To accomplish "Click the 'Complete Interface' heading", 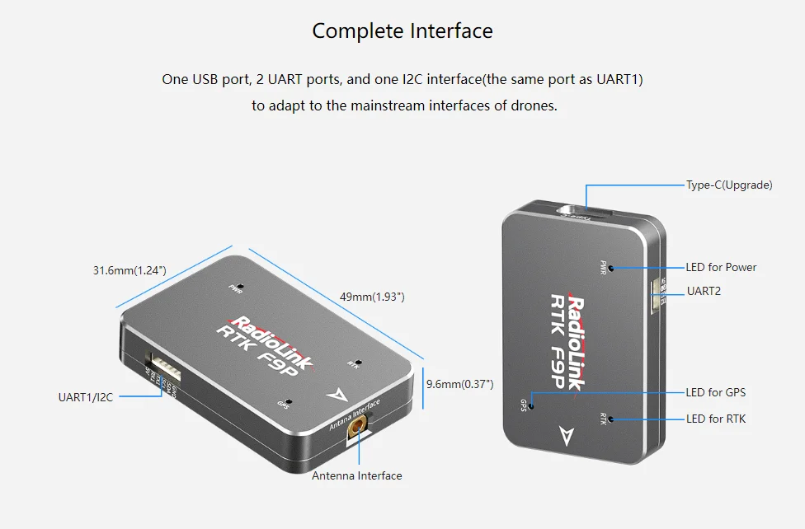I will [x=402, y=31].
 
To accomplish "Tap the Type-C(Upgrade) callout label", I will [x=729, y=185].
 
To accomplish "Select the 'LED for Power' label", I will [x=721, y=267].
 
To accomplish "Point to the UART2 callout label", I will [x=704, y=291].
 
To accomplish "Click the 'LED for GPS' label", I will [x=715, y=393].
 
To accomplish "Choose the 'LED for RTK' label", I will [x=715, y=419].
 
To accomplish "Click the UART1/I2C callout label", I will [x=85, y=397].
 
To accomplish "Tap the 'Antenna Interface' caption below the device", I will [x=356, y=475].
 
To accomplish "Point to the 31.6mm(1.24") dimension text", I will [x=129, y=270].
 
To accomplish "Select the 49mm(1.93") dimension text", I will [x=372, y=296].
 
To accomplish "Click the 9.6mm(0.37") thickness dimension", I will [x=459, y=384].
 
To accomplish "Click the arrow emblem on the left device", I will [x=335, y=396].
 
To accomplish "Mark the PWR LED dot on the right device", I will [x=611, y=268].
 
